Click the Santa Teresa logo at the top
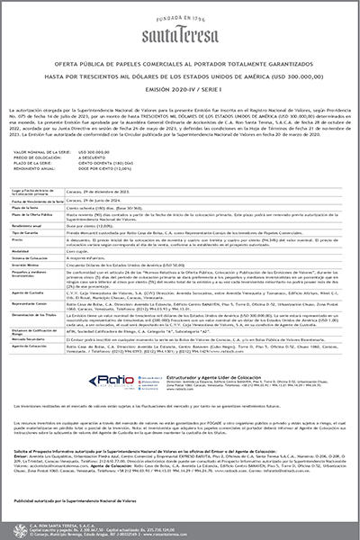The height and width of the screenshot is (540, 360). pyautogui.click(x=180, y=27)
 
